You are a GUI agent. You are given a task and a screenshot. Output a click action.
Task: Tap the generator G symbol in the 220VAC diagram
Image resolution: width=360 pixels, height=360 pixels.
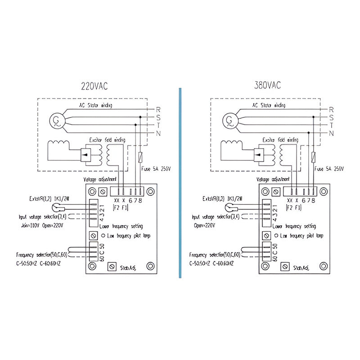57,120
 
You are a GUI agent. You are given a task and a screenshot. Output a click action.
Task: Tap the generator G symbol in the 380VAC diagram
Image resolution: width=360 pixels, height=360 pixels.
229,120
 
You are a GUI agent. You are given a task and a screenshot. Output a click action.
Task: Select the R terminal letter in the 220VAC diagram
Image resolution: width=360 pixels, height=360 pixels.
158,109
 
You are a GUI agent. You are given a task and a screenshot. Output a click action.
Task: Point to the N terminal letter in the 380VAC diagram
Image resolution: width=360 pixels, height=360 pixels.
331,134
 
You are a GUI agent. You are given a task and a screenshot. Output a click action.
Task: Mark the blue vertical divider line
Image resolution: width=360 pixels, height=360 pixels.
180,180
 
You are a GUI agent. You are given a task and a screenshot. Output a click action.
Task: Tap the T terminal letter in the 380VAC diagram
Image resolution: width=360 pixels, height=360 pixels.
331,126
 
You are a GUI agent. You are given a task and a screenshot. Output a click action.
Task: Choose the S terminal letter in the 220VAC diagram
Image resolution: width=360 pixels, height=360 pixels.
158,117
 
